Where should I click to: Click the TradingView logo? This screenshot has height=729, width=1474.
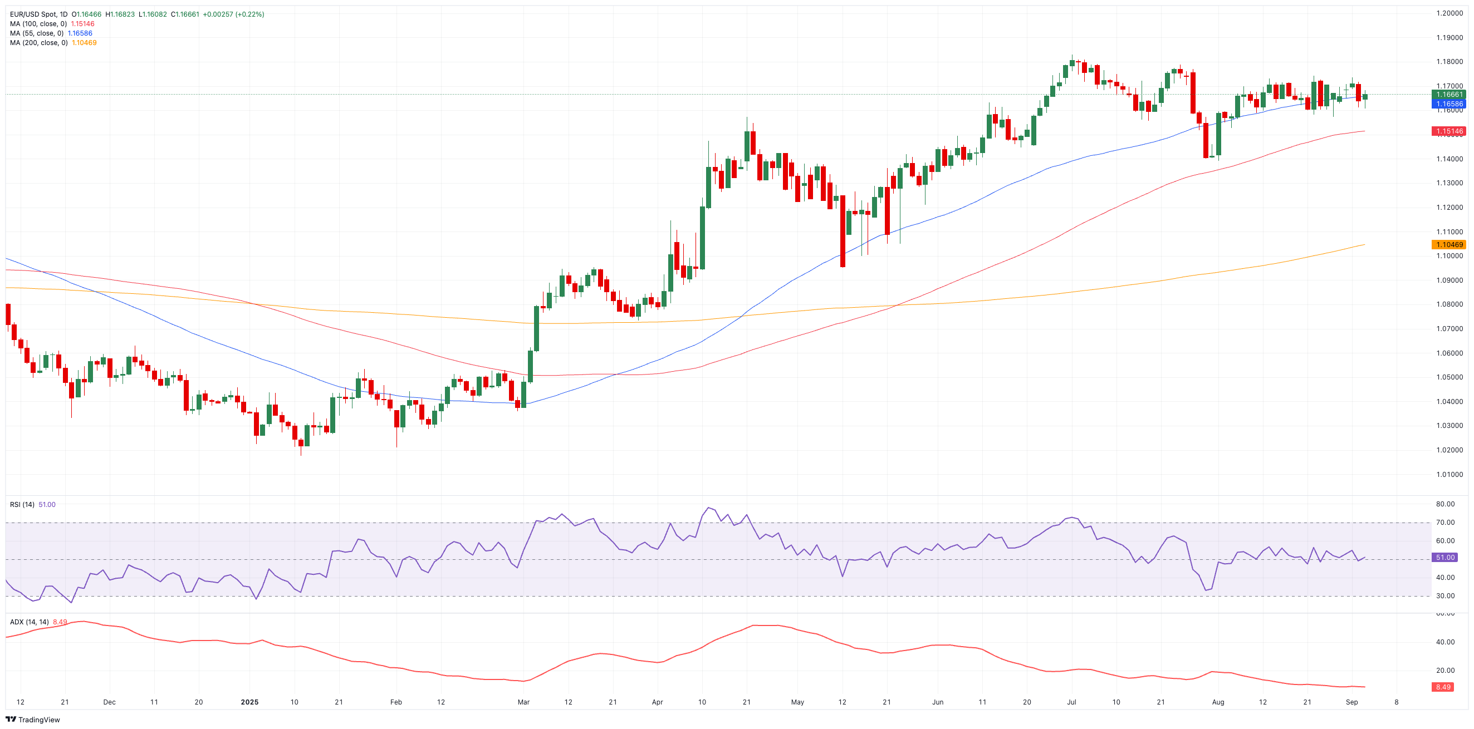pos(33,720)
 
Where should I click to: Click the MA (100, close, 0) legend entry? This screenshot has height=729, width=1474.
pos(38,24)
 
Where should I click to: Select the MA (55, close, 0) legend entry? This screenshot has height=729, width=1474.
pos(36,33)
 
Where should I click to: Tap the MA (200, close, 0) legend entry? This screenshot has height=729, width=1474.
pos(38,43)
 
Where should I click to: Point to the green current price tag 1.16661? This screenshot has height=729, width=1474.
pos(1448,95)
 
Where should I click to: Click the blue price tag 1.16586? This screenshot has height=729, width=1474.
pos(1448,104)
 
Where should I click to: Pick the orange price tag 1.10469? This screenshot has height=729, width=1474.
pos(1448,245)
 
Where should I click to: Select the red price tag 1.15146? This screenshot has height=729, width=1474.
pos(1448,131)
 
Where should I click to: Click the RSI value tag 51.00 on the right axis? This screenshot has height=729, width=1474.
pos(1444,558)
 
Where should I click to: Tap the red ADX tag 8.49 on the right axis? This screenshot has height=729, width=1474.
pos(1442,687)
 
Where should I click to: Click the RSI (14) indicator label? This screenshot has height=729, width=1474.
pos(22,504)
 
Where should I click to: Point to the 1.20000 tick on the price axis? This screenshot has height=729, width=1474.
pos(1449,13)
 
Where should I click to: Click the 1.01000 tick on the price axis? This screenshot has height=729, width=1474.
pos(1449,475)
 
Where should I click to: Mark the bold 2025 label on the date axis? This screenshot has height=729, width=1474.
pos(249,702)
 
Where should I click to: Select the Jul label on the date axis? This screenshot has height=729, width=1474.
pos(1071,702)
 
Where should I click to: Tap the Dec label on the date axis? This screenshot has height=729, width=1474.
pos(109,702)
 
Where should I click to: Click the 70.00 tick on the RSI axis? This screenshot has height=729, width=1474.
pos(1445,523)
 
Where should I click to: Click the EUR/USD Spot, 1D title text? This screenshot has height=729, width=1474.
pos(38,14)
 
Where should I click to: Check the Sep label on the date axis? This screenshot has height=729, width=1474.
pos(1351,702)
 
